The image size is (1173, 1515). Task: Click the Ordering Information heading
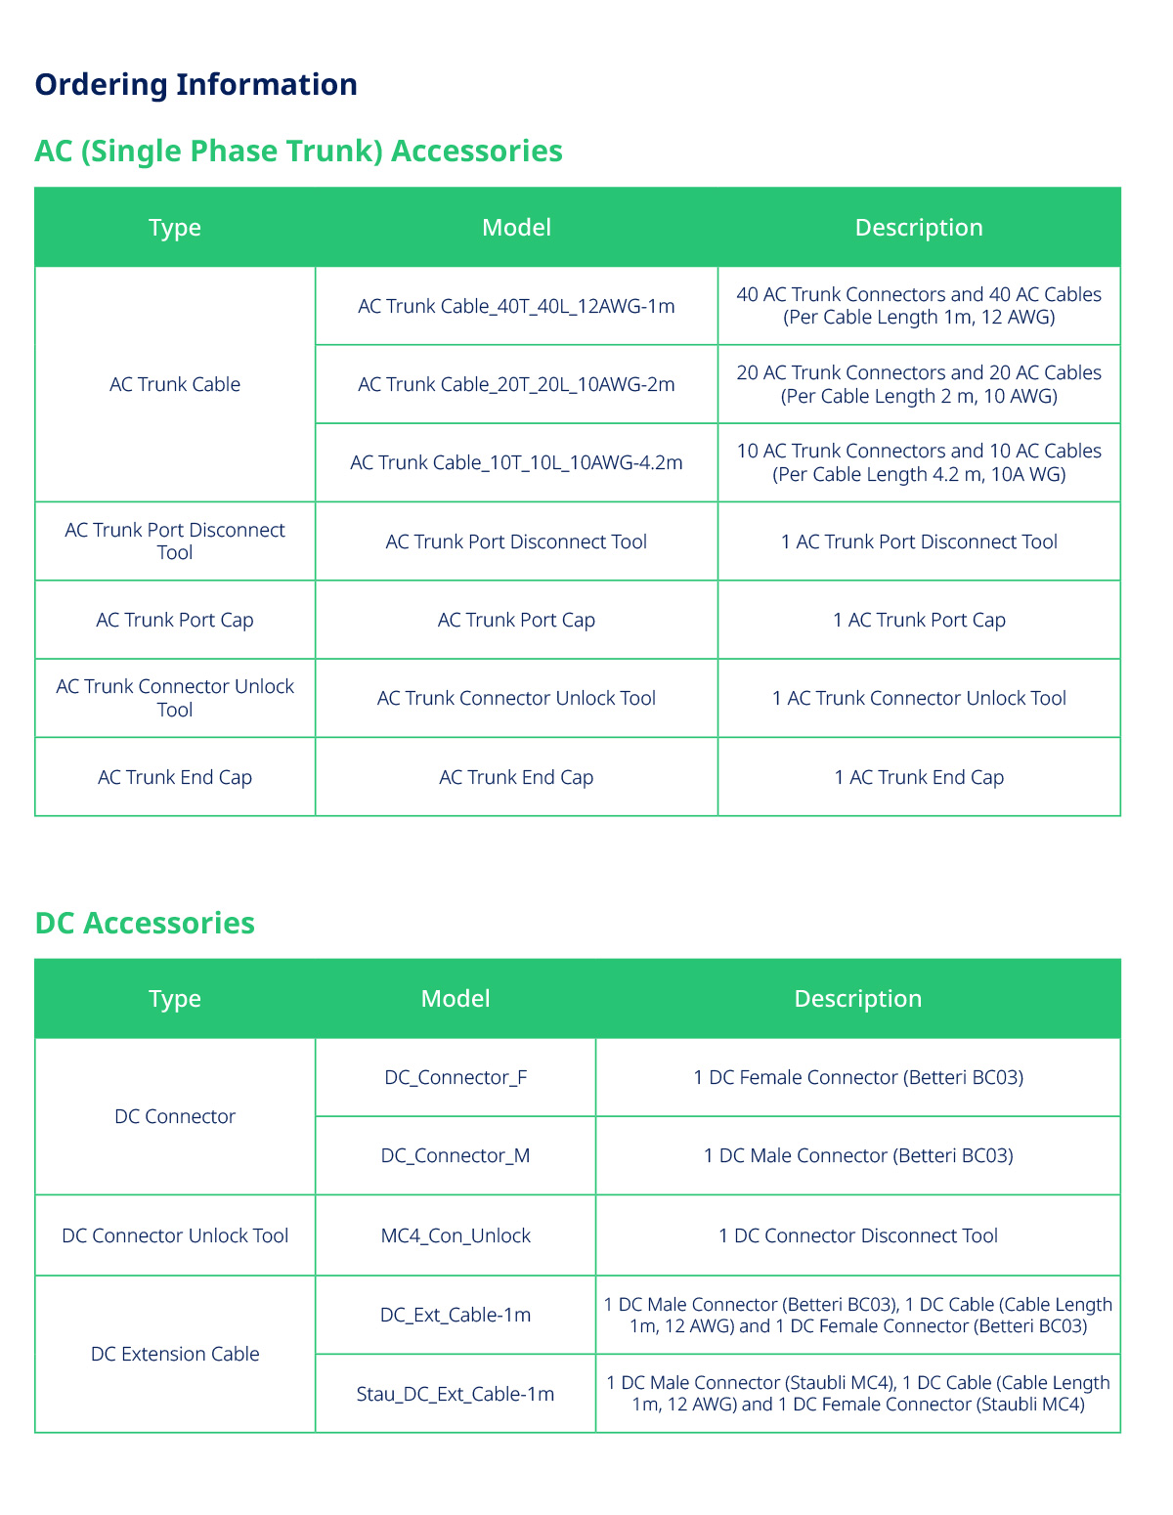(195, 84)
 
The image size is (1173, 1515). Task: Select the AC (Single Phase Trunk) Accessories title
(298, 151)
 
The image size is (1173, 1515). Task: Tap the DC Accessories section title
(145, 923)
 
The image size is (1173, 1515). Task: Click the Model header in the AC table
(516, 228)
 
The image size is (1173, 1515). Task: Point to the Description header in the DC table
(857, 999)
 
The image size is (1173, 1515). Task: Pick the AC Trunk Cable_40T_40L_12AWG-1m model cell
(516, 306)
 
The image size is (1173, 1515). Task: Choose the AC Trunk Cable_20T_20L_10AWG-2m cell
(516, 384)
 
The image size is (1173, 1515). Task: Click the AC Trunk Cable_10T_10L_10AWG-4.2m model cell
(516, 462)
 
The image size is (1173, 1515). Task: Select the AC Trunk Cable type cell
(175, 384)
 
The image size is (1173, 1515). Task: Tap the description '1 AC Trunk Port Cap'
(919, 620)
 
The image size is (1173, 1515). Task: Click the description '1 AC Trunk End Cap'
(919, 777)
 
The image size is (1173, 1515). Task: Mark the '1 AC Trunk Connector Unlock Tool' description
(919, 698)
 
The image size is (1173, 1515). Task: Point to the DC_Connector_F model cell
(456, 1077)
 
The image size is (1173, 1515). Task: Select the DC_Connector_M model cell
(456, 1155)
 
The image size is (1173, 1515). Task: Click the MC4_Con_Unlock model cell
(456, 1235)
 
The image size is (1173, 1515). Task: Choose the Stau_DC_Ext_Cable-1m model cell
(456, 1394)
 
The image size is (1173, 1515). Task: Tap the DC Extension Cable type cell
(175, 1354)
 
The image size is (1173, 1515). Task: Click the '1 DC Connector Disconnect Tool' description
(857, 1235)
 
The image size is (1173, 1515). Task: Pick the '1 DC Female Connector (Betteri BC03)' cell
(857, 1077)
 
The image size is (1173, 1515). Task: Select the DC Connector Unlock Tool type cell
(175, 1235)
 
